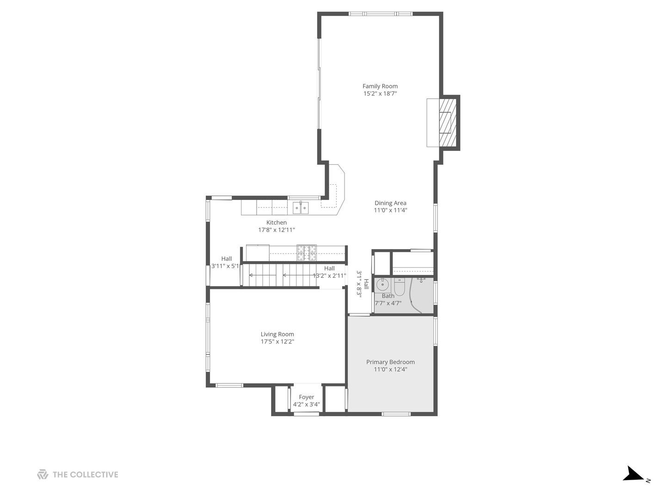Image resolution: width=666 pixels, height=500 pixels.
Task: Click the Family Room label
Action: point(380,86)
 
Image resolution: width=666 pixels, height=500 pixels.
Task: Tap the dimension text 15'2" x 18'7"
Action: point(380,94)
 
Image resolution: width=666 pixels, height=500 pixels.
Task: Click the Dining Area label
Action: point(390,203)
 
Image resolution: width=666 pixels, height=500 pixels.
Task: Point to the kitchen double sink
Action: point(301,208)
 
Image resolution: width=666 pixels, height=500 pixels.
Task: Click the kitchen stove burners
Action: point(306,253)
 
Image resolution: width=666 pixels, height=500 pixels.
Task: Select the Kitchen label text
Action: point(276,223)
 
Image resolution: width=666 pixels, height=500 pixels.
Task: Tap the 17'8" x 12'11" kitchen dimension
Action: point(276,230)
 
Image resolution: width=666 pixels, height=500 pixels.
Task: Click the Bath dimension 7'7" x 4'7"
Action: point(388,303)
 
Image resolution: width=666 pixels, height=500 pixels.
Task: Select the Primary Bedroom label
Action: point(390,362)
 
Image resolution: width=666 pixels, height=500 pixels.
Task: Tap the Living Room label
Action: point(277,334)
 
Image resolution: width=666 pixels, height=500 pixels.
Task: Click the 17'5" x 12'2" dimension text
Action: point(277,342)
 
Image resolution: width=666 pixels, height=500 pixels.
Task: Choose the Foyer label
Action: point(306,397)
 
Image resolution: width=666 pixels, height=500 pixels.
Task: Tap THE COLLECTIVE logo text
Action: point(85,475)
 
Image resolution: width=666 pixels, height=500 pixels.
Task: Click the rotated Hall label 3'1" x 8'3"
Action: point(362,283)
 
